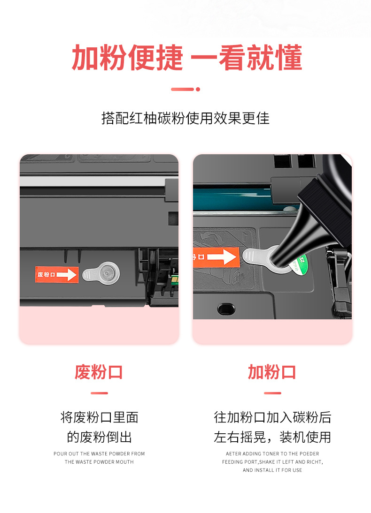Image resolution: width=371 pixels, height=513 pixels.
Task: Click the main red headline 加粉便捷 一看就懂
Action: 186,59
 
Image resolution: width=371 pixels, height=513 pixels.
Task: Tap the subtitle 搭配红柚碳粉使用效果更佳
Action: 185,118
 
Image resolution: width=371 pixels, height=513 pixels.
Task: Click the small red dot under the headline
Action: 198,89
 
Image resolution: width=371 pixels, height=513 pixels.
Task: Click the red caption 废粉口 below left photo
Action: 99,372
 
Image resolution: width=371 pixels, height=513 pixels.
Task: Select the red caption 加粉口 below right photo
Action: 272,372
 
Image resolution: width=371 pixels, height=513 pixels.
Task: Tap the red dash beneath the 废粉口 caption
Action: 99,393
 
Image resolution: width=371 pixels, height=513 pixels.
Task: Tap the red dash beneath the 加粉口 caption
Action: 272,393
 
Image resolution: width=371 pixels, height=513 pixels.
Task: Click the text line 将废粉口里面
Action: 99,417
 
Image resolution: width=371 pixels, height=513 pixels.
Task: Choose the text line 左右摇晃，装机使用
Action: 272,438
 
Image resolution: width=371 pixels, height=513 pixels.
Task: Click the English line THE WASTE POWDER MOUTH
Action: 99,462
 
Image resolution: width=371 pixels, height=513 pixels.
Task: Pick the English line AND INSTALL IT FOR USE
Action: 272,470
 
